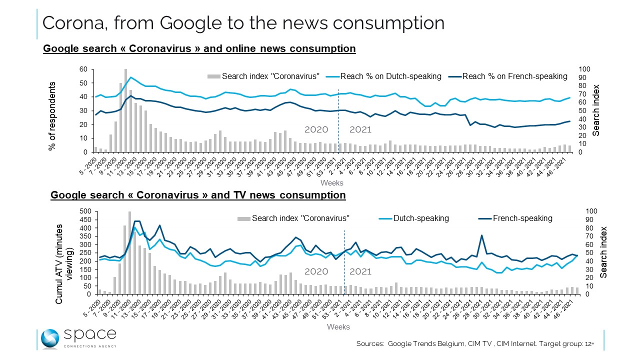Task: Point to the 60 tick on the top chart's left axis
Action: click(83, 69)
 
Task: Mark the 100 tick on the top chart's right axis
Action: click(584, 69)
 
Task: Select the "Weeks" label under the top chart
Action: click(331, 183)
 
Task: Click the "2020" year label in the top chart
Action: click(316, 130)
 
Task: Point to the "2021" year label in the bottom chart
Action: click(360, 271)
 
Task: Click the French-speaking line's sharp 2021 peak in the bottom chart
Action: click(481, 235)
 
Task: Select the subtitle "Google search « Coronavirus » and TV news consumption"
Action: click(198, 195)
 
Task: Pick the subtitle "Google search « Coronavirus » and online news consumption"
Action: click(199, 48)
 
